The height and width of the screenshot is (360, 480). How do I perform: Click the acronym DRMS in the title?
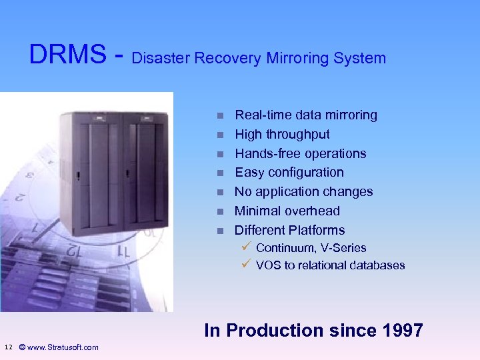click(67, 55)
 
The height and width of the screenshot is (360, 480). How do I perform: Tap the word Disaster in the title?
click(161, 58)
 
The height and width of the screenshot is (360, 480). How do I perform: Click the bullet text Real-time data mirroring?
click(306, 115)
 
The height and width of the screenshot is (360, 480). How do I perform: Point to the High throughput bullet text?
click(282, 134)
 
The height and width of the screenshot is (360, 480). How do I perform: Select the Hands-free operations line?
click(301, 153)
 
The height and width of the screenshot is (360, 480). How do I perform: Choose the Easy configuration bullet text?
click(289, 172)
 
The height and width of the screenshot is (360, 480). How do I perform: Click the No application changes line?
click(303, 191)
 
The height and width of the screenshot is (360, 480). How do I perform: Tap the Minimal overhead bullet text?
click(287, 211)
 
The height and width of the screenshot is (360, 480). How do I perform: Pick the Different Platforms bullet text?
click(289, 230)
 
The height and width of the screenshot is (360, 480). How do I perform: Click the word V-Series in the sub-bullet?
click(344, 248)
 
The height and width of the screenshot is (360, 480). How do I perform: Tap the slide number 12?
click(8, 347)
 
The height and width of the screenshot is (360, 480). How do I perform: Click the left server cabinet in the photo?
click(90, 173)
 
